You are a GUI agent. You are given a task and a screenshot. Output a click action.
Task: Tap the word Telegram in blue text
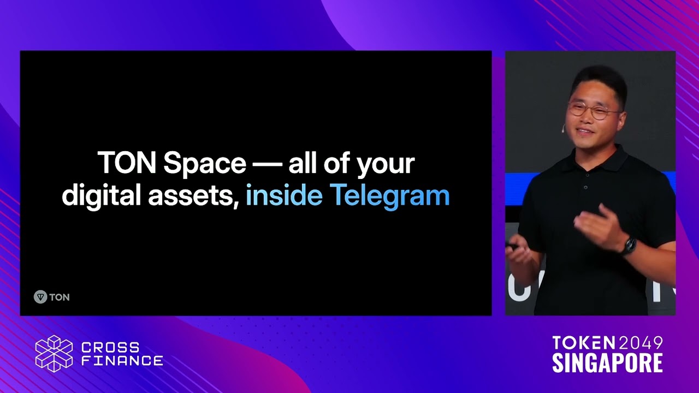389,195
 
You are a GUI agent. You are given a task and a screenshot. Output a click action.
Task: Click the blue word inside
284,195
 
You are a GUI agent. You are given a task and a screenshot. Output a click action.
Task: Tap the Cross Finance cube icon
54,354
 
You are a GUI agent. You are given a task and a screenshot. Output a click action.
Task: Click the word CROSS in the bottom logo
110,348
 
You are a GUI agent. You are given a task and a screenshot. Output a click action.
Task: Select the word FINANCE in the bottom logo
122,361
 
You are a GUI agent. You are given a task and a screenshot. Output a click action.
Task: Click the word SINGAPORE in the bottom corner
607,363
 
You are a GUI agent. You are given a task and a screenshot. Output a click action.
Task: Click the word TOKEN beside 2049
583,343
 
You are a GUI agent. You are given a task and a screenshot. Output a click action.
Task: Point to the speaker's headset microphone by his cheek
562,129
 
